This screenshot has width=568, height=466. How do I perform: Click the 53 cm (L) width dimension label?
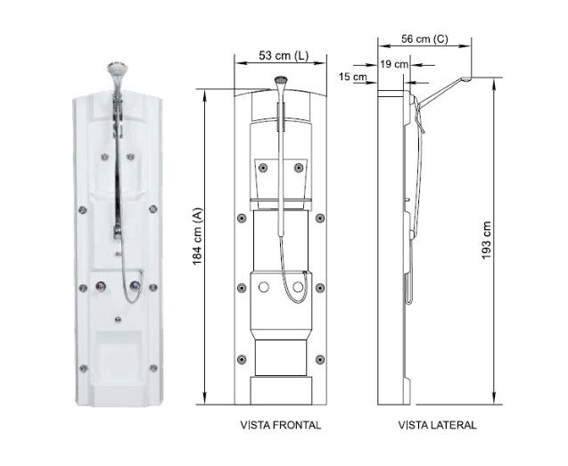coord(284,55)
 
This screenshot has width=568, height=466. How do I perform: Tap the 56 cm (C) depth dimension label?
coord(424,38)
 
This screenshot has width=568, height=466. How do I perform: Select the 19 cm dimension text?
coord(394,64)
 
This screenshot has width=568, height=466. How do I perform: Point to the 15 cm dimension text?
coord(353,77)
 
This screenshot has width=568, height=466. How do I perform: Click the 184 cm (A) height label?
coord(197,236)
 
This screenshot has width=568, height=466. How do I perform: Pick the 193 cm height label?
coord(486,241)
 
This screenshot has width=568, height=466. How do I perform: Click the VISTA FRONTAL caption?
coord(281,425)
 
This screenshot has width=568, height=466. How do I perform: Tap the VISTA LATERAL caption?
coord(437,425)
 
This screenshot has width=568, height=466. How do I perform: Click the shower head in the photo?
coord(118,68)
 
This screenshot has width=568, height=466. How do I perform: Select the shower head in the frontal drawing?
coord(281,79)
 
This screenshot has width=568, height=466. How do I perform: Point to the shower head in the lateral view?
coord(466,79)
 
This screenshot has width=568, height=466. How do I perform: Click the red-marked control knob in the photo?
coord(101,287)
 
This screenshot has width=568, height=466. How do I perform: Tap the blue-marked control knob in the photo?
coord(135,286)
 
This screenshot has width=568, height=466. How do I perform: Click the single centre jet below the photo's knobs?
coord(118,319)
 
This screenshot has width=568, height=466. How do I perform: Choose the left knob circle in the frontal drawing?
coord(264,288)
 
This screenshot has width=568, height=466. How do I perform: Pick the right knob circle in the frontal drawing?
coord(298,288)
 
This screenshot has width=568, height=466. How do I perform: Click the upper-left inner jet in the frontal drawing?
coord(263,168)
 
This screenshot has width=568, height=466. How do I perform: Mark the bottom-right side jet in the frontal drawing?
coord(320,360)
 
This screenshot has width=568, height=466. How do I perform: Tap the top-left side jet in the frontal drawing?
coord(242,218)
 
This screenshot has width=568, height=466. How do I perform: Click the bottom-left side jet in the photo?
coord(83,368)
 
